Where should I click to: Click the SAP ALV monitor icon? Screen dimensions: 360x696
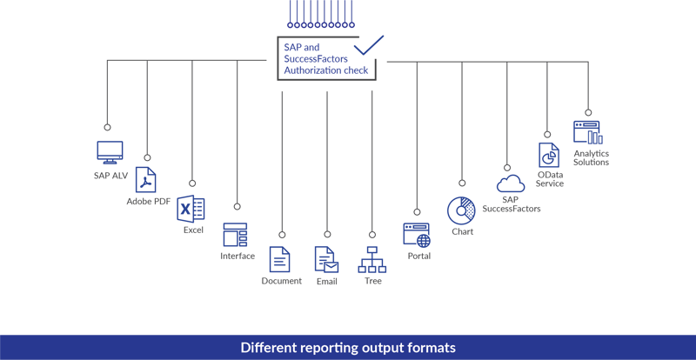coord(109,152)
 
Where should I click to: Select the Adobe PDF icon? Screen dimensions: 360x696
coord(145,181)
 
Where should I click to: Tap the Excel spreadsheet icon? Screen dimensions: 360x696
coord(191,209)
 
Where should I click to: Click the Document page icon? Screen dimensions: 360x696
coord(280,259)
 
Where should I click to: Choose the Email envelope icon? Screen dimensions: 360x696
coord(326,259)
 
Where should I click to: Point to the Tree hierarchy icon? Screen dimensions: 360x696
coord(372,259)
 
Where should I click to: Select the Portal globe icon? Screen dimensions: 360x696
coord(417,235)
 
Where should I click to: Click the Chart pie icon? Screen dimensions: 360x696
coord(461,210)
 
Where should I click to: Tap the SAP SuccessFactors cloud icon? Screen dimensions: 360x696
coord(510,183)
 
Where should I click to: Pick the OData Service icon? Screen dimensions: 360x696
coord(549,155)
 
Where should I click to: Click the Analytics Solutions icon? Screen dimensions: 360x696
coord(588,132)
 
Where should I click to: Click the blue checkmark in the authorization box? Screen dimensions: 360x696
coord(369,44)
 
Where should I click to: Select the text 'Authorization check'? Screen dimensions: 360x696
coord(325,70)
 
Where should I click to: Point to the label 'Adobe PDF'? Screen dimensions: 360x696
coord(149,203)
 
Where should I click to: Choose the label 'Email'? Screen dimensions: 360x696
coord(326,281)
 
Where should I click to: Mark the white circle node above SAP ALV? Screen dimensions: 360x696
coord(108,127)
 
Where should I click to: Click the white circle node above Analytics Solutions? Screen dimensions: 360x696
coord(588,111)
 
